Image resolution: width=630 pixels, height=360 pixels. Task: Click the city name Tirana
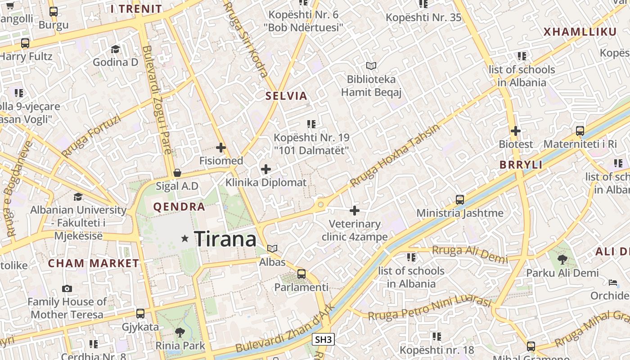[225, 238]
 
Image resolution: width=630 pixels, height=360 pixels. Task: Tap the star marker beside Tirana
[184, 238]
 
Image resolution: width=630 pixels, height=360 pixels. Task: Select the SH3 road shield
[324, 339]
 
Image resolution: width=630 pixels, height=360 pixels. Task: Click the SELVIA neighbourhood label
[286, 96]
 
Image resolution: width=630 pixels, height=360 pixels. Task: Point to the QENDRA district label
[179, 207]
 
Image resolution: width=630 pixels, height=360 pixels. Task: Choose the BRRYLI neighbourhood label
[521, 165]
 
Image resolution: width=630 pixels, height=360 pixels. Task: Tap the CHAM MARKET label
[94, 263]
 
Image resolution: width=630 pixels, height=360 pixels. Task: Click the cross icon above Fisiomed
[221, 147]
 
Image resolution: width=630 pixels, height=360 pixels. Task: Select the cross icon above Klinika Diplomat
[266, 169]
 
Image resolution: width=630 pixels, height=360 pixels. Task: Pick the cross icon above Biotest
[516, 131]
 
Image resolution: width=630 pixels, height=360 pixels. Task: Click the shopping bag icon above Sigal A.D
[177, 173]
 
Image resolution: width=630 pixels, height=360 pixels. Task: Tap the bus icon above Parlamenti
[301, 274]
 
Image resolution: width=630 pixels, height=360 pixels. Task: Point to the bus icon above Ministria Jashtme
[460, 199]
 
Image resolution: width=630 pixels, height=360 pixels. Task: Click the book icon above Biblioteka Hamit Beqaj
[371, 66]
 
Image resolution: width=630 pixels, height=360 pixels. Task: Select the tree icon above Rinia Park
[180, 333]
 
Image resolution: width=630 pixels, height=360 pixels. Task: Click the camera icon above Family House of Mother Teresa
[67, 288]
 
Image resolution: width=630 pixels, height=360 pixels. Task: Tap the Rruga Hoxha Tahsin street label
[395, 155]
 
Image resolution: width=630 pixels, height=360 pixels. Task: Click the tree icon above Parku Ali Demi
[562, 259]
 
